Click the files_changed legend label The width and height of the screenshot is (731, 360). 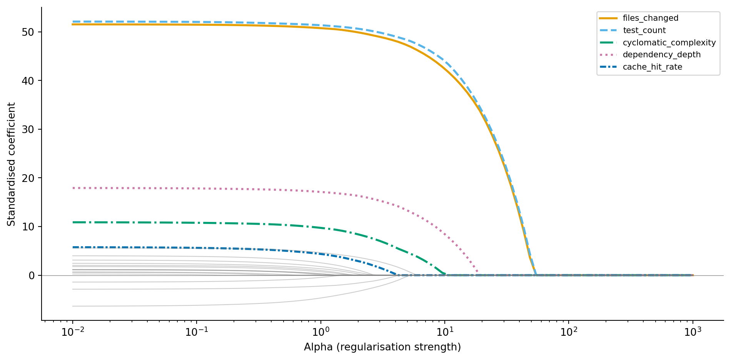click(x=650, y=18)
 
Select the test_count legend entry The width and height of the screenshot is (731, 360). click(x=644, y=30)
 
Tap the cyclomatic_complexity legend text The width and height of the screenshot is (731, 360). click(x=669, y=43)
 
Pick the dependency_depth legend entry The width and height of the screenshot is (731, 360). click(x=661, y=55)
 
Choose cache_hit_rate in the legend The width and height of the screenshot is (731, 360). click(x=652, y=67)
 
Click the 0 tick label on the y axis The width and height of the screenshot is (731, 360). click(x=32, y=275)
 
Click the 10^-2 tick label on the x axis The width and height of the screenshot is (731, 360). click(x=72, y=332)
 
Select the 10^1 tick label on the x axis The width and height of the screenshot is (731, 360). click(x=445, y=332)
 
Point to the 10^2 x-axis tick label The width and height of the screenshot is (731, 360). click(x=569, y=332)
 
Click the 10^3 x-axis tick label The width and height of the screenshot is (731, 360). click(x=693, y=332)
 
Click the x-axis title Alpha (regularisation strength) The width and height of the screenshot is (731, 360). click(x=382, y=347)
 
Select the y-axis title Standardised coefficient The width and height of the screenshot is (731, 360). click(x=12, y=164)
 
